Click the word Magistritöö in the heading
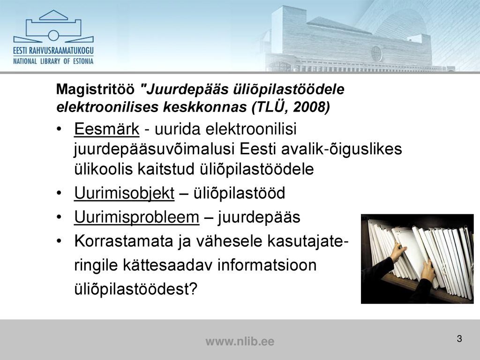point(95,90)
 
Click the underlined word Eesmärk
point(106,128)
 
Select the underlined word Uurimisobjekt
point(124,193)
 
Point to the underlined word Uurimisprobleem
point(136,217)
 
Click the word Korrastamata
point(124,241)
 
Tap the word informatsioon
point(267,265)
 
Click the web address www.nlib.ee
point(240,341)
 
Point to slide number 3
point(459,339)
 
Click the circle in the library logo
point(53,36)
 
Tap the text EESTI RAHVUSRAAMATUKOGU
point(53,51)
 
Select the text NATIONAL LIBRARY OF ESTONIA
point(53,61)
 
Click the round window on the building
point(376,53)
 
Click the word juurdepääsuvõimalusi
point(154,150)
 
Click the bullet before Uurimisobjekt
point(59,194)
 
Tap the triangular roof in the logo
point(53,15)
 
